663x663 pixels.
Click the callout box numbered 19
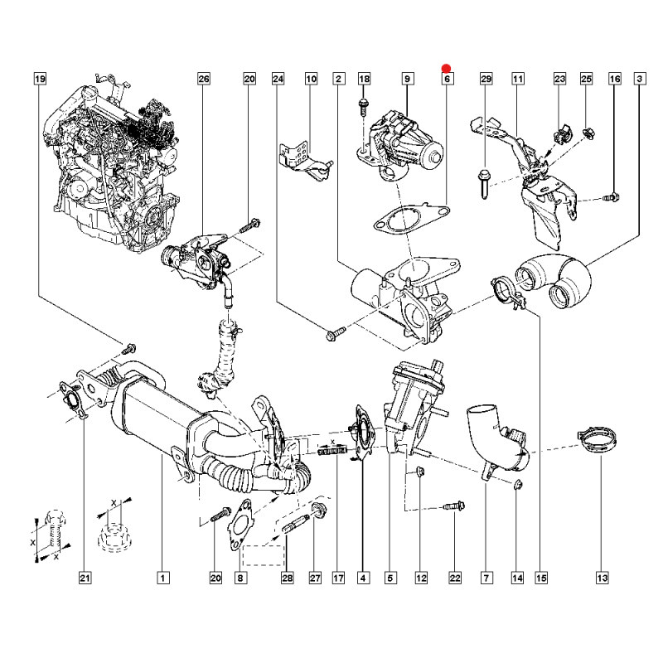40,79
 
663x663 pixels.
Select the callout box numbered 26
204,79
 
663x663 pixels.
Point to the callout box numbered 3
641,79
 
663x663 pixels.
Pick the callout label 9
408,79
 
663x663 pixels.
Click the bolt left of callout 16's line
610,197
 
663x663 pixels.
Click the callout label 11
517,79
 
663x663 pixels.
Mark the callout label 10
312,79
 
